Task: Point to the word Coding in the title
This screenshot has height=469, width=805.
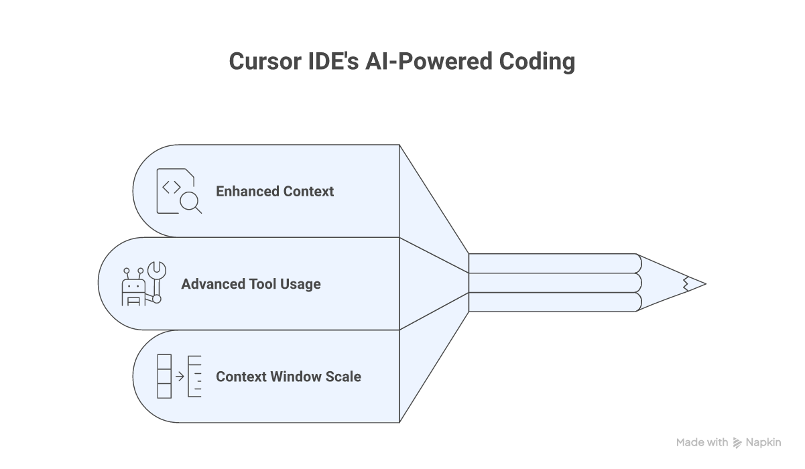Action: coord(538,61)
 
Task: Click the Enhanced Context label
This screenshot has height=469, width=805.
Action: coord(274,192)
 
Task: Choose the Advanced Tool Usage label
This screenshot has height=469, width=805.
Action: coord(251,284)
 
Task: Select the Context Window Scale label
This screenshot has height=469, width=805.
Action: coord(288,377)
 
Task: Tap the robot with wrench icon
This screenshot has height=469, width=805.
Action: coord(143,284)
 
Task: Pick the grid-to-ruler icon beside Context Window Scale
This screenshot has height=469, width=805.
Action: coord(178,377)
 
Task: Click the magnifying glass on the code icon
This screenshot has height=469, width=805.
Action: coord(190,201)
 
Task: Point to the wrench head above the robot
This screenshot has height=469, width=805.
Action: coord(156,270)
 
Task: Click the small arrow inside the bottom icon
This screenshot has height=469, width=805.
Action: coord(180,377)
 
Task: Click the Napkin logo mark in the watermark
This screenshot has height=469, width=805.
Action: coord(737,443)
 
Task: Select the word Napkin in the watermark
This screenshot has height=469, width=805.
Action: coord(764,442)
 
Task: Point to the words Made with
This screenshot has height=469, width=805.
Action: coord(702,442)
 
